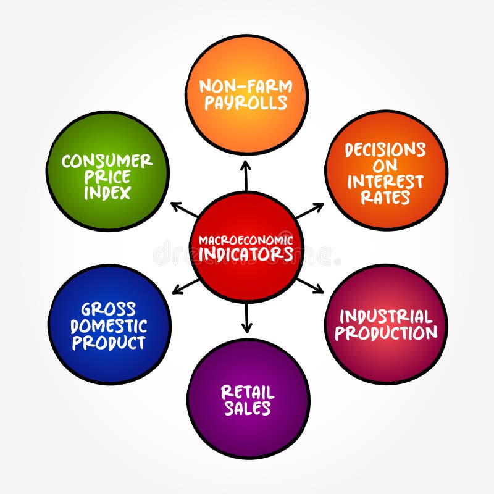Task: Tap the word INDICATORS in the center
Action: tap(246, 254)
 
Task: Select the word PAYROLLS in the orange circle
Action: tap(246, 103)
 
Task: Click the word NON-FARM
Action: tap(246, 86)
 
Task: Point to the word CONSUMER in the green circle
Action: tap(107, 162)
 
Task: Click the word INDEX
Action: tap(107, 193)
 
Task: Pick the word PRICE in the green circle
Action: tap(107, 177)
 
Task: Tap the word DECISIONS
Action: tap(385, 150)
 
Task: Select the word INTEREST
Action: tap(385, 182)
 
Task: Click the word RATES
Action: tap(387, 198)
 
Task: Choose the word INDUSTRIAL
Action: tap(387, 317)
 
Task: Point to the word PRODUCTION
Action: tap(387, 333)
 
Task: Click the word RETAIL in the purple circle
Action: tap(247, 392)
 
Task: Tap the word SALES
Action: tap(247, 408)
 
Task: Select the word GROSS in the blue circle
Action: tap(109, 309)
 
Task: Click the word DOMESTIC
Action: tap(109, 325)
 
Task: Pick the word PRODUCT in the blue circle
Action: tap(109, 341)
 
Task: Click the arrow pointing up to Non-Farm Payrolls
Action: tap(246, 175)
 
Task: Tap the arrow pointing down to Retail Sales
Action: tap(247, 318)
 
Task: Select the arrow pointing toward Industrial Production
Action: tap(309, 285)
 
